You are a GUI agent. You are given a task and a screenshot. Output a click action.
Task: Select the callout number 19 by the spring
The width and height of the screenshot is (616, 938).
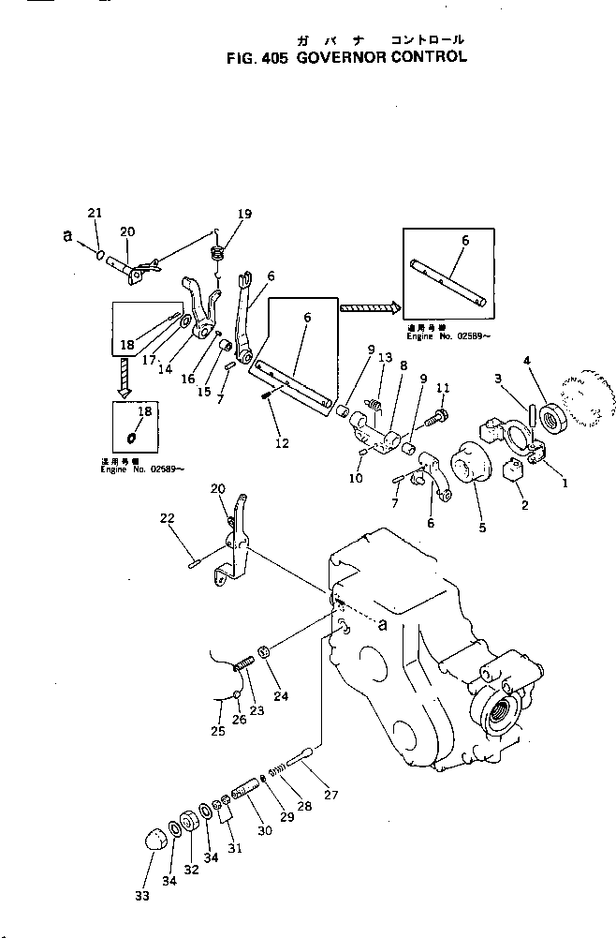(244, 215)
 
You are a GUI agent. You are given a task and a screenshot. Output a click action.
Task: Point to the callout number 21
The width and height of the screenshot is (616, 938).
(94, 214)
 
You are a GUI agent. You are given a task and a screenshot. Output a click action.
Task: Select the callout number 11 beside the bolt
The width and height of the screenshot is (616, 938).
(443, 387)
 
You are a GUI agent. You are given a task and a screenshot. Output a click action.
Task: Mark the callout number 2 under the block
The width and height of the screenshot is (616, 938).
(525, 506)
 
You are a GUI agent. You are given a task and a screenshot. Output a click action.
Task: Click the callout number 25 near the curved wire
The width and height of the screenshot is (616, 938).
(218, 730)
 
